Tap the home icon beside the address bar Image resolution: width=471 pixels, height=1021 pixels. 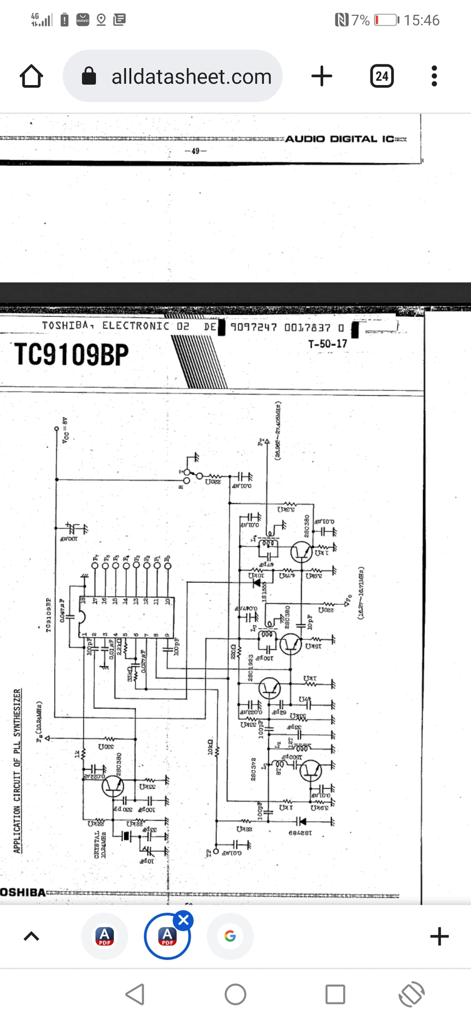coord(31,76)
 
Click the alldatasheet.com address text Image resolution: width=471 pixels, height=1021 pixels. coord(191,77)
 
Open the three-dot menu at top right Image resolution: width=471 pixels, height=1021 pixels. coord(434,76)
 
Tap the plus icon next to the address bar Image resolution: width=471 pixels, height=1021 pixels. coord(322,76)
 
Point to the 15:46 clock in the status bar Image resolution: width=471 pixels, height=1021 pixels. coord(422,20)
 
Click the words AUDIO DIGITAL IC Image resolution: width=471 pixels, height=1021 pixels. coord(340,139)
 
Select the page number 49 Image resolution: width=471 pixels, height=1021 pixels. coord(195,151)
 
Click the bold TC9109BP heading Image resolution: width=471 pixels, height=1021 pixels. coord(71,354)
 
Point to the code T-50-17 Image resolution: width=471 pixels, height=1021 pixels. coord(327,344)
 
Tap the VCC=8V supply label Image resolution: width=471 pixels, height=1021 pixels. coord(65,430)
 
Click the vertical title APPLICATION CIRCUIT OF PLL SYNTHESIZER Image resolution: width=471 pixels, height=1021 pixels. coord(18,771)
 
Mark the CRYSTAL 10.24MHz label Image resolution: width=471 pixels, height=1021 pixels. coord(100,844)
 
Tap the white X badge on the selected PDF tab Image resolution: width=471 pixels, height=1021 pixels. coord(183,920)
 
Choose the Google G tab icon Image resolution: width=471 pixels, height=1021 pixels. coord(230,936)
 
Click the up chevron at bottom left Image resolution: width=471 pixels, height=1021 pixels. coord(32,936)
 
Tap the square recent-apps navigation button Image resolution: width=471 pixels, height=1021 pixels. coord(335,994)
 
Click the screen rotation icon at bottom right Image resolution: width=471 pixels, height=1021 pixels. coord(412,994)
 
